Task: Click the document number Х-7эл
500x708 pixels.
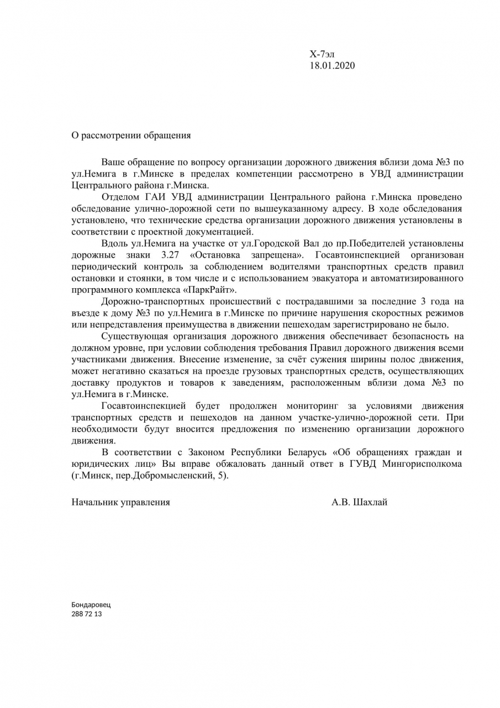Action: pos(322,54)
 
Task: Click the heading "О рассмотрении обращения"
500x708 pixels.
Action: pos(131,135)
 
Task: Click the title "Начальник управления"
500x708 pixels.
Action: pos(120,502)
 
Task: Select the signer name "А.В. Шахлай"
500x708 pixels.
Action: pos(359,502)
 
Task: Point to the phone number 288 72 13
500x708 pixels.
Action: pos(87,614)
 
